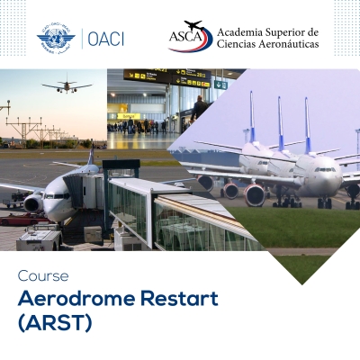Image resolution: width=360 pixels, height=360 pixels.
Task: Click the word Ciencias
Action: (x=236, y=46)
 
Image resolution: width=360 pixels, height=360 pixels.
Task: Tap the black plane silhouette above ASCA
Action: (x=193, y=25)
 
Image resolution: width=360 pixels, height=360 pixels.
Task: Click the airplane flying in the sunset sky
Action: (x=67, y=86)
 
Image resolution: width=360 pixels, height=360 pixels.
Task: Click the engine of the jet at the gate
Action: (x=33, y=203)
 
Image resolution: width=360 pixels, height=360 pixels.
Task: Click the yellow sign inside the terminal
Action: (x=128, y=115)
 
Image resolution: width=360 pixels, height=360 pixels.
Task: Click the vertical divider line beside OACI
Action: (x=83, y=38)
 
